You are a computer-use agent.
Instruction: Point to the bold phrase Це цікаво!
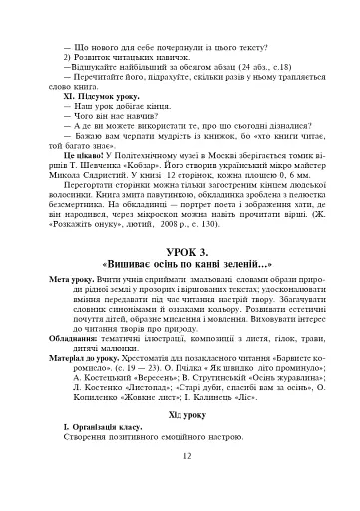click(83, 157)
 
